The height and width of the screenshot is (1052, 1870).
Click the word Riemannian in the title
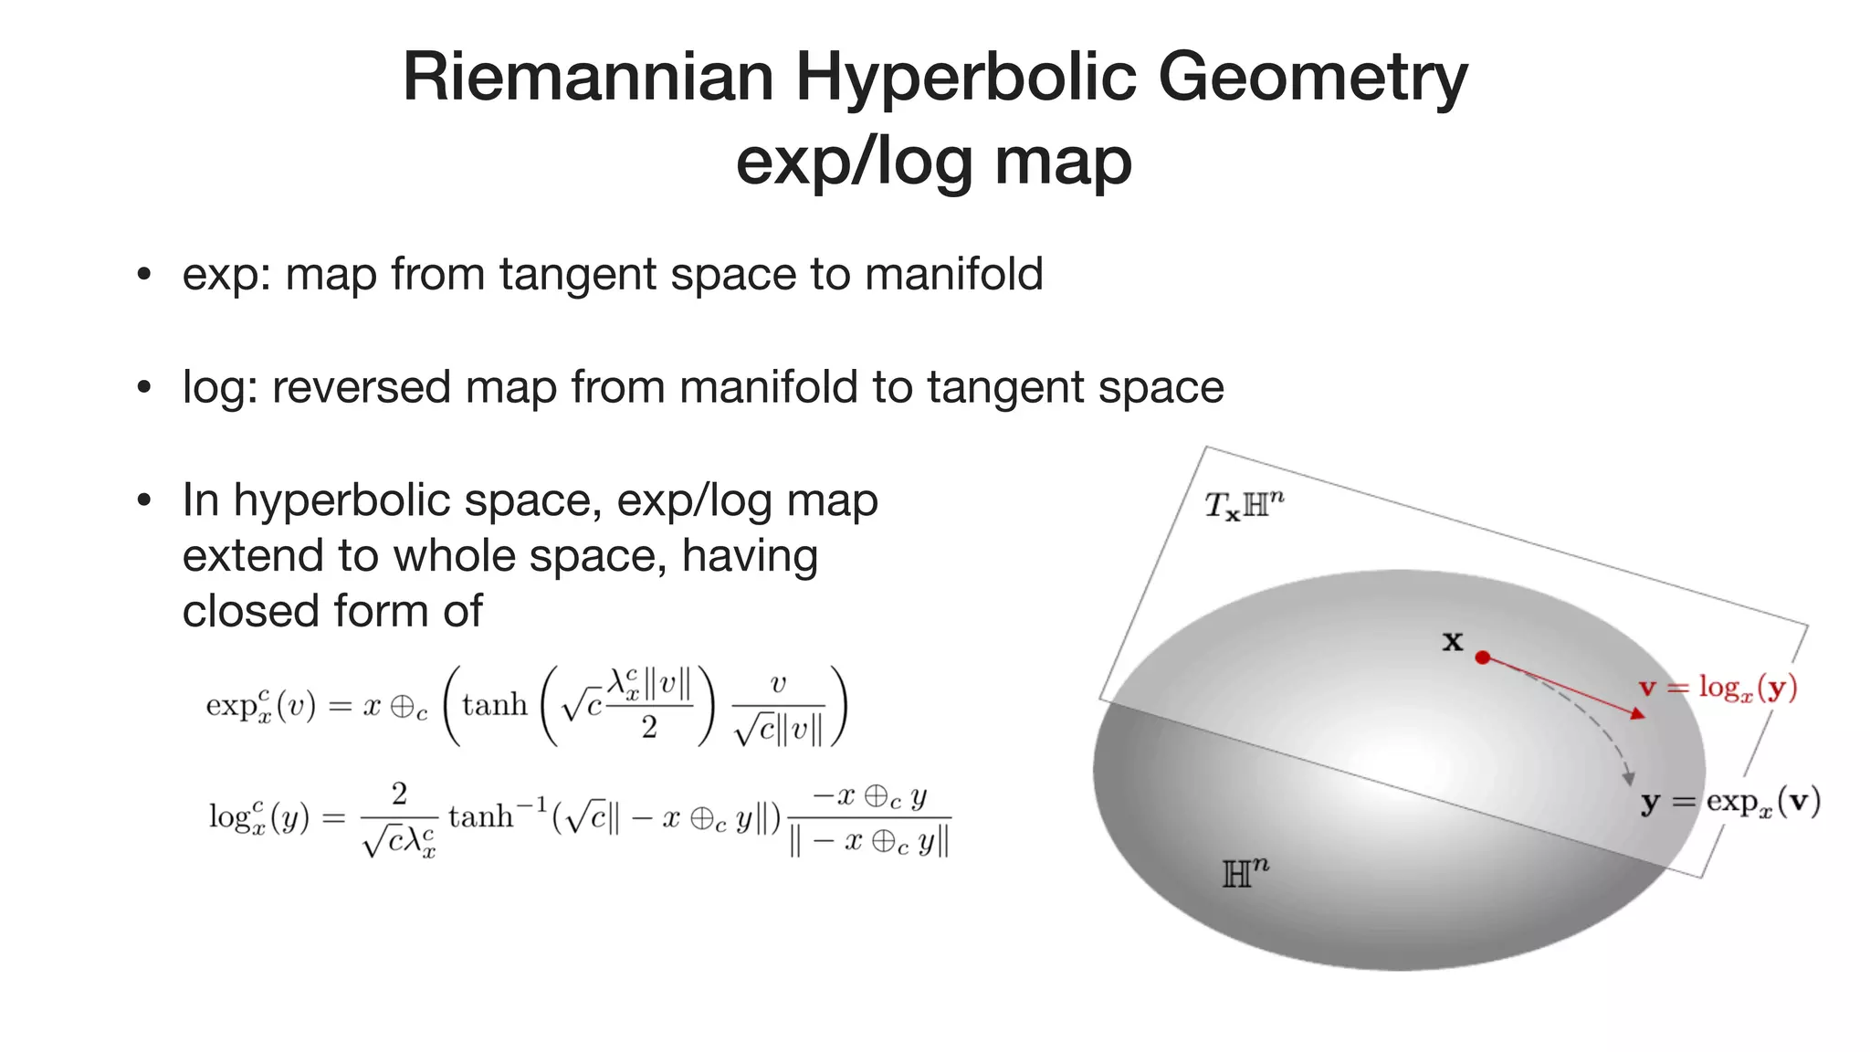[588, 77]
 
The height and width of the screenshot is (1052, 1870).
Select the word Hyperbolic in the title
[966, 77]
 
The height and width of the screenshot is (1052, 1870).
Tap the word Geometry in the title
[1313, 77]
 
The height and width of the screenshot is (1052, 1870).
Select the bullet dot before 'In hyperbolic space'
[143, 500]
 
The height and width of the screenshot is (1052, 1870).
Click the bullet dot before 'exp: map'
[143, 275]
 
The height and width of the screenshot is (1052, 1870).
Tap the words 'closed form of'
[332, 611]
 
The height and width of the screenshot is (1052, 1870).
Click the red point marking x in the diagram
[1483, 657]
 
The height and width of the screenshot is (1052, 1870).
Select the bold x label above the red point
[1452, 641]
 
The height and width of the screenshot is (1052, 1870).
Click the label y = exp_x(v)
[1730, 802]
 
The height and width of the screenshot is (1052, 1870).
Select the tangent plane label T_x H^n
[1244, 504]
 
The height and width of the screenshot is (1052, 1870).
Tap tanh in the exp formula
[495, 705]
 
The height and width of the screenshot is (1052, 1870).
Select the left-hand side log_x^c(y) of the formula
[259, 815]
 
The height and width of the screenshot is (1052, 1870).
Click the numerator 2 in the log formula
[399, 794]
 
